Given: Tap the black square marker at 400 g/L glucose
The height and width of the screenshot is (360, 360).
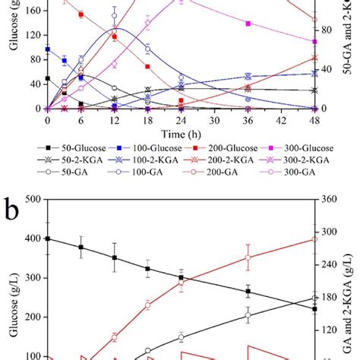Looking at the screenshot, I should click(x=48, y=238).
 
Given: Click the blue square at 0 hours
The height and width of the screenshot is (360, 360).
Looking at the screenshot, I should click(x=48, y=49).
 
